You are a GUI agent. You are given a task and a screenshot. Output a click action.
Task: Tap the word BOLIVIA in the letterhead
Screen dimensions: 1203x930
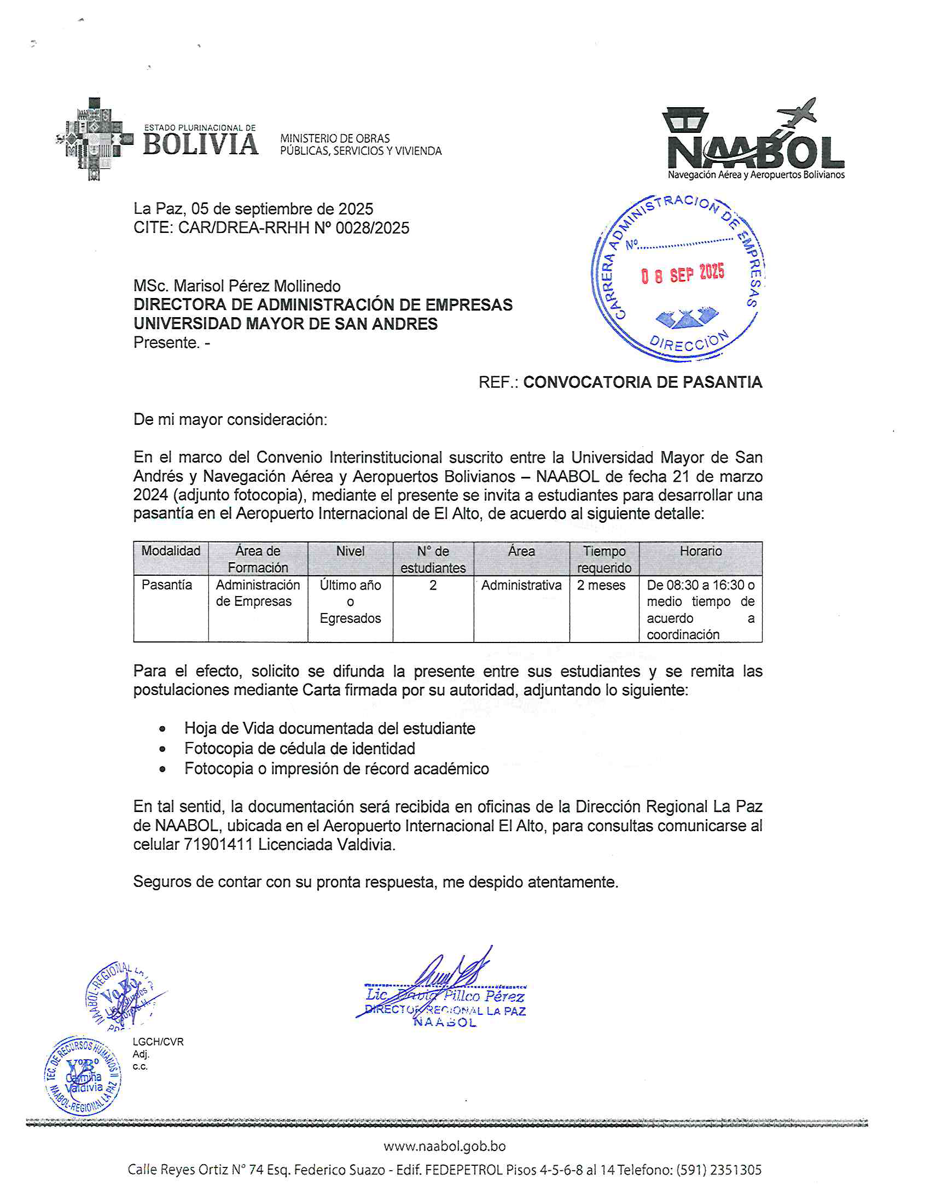coord(201,145)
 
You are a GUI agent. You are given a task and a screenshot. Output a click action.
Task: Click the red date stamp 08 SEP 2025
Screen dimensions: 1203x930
coord(683,274)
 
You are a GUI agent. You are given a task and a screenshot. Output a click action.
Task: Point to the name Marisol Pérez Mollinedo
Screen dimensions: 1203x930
coord(257,286)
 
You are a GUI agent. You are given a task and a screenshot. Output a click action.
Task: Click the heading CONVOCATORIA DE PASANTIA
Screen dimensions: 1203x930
coord(642,382)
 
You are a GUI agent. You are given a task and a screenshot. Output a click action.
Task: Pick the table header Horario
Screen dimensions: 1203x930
coord(700,551)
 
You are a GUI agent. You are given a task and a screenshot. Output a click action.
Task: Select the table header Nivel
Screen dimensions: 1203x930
coord(350,551)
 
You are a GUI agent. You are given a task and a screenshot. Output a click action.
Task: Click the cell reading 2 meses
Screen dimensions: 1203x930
coord(601,585)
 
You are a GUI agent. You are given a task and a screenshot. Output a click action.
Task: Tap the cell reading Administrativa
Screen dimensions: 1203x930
coord(521,585)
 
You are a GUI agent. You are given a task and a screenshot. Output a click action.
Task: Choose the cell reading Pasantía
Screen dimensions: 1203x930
coord(167,585)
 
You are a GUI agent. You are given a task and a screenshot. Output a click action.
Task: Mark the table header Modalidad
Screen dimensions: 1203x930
coord(171,551)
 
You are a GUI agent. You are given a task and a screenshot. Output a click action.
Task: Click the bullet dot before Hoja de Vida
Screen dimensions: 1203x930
coord(162,729)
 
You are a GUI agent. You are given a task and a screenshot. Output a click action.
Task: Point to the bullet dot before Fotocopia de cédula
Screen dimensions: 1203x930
coord(162,749)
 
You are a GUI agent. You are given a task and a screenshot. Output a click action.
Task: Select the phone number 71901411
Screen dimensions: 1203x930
coord(218,844)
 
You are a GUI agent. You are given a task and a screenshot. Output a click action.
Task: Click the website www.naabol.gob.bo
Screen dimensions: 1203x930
coord(445,1146)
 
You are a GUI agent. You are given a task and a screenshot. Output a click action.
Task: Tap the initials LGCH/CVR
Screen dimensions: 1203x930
coord(158,1042)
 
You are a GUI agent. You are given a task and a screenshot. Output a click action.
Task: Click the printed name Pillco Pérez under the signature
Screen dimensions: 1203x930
coord(484,996)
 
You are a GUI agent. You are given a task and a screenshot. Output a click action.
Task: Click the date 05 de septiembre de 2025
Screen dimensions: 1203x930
coord(282,209)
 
